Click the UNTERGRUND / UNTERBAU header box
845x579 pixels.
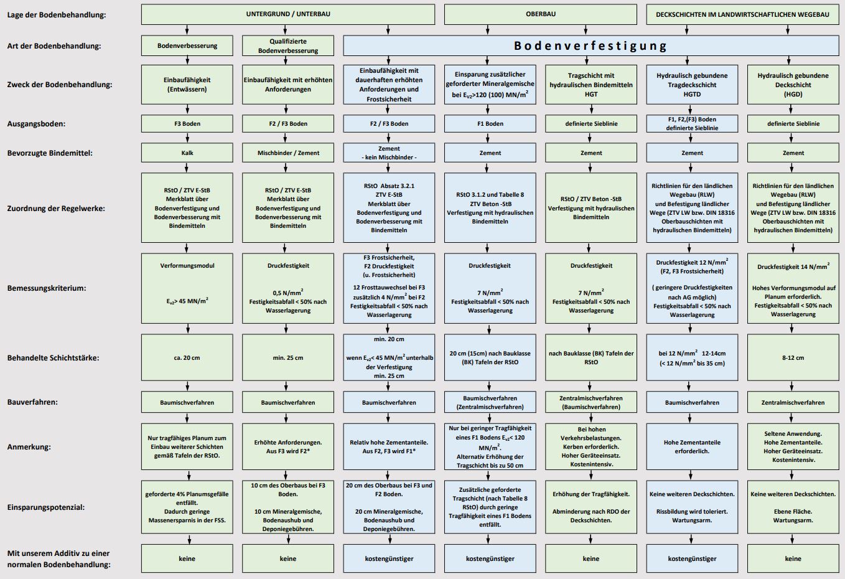pyautogui.click(x=287, y=14)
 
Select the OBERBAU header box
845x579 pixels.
pyautogui.click(x=540, y=14)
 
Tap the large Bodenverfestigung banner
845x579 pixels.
pyautogui.click(x=591, y=45)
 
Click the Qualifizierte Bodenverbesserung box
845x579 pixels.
pyautogui.click(x=288, y=45)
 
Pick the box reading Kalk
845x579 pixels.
pyautogui.click(x=187, y=153)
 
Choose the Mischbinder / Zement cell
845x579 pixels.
pyautogui.click(x=288, y=153)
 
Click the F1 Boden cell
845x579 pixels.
pyautogui.click(x=490, y=123)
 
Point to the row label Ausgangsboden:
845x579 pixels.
pyautogui.click(x=36, y=123)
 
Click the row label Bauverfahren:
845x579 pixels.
pyautogui.click(x=32, y=402)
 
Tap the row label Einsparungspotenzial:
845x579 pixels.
pyautogui.click(x=46, y=507)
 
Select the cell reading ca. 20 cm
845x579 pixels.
pyautogui.click(x=187, y=357)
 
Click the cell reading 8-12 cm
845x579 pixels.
pyautogui.click(x=793, y=357)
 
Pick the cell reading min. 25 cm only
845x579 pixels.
pyautogui.click(x=288, y=357)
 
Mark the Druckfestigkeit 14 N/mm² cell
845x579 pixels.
pyautogui.click(x=793, y=288)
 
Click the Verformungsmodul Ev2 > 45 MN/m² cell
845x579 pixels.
pyautogui.click(x=187, y=288)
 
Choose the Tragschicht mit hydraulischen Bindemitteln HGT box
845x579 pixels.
pyautogui.click(x=591, y=85)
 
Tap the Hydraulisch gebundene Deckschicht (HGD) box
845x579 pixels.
pyautogui.click(x=793, y=85)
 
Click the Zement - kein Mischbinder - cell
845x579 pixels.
pyautogui.click(x=389, y=153)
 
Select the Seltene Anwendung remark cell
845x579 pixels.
pyautogui.click(x=793, y=446)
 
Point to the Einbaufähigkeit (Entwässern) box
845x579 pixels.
pyautogui.click(x=187, y=85)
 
